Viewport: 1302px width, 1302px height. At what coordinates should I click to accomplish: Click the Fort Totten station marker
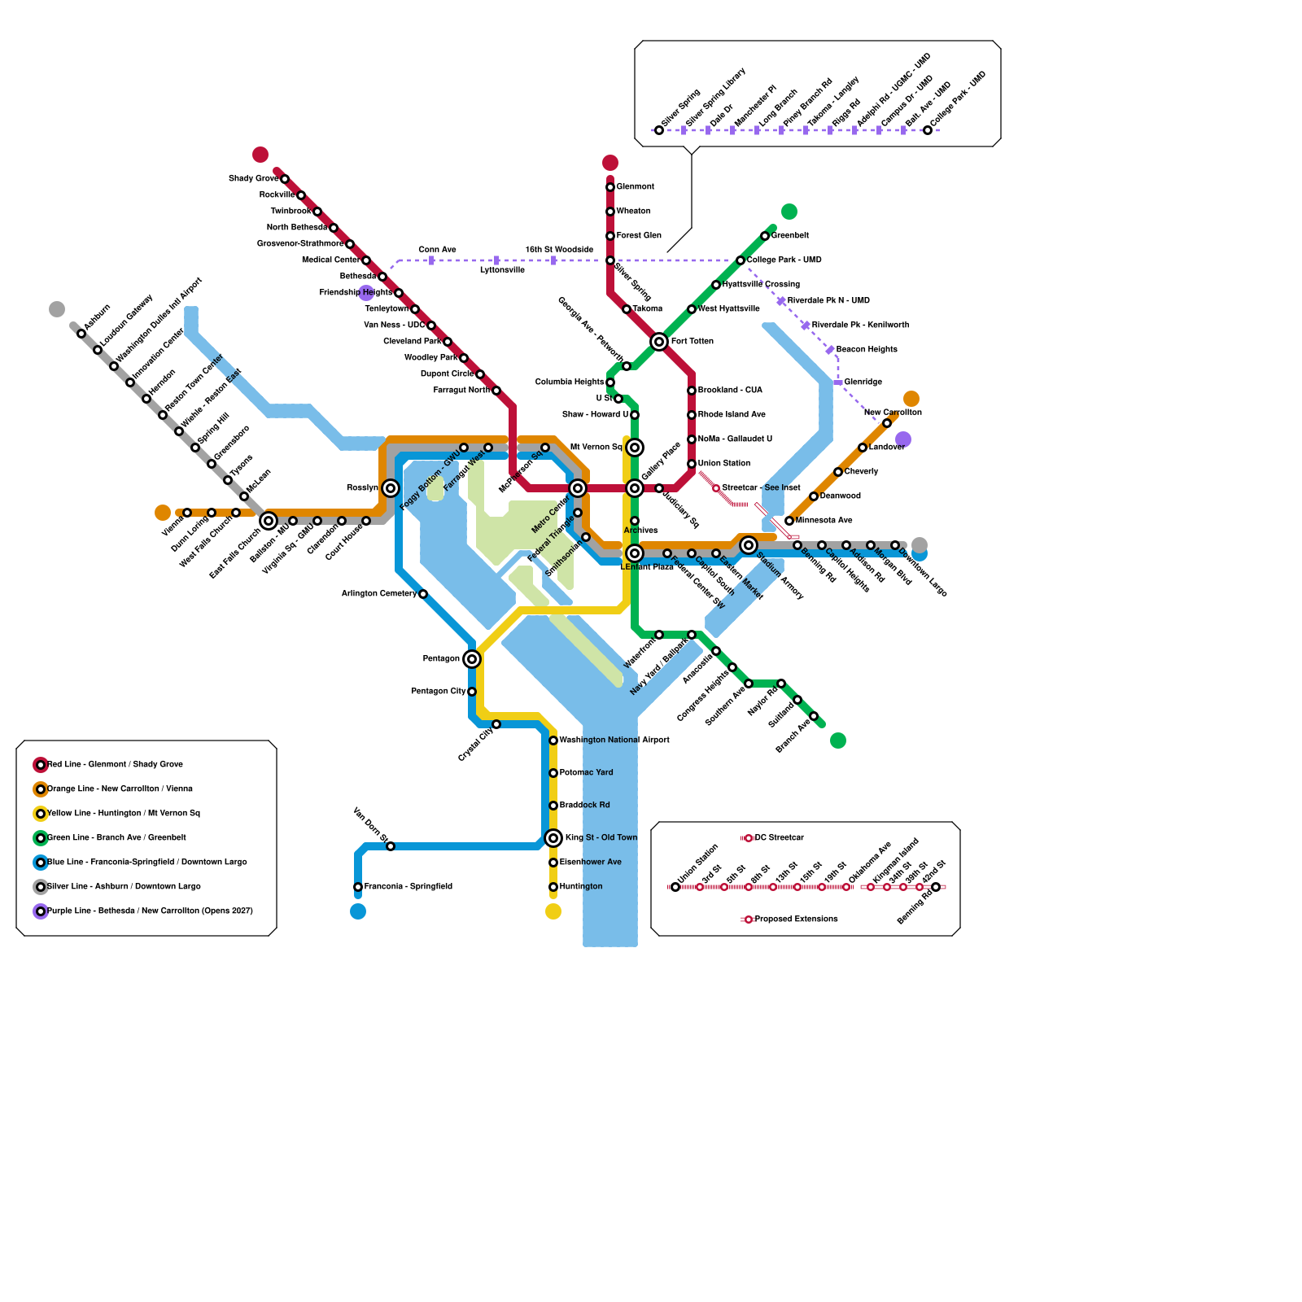[x=659, y=342]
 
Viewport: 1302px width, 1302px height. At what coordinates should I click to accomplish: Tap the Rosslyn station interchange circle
[x=391, y=488]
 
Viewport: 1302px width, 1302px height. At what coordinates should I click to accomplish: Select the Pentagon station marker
[x=472, y=659]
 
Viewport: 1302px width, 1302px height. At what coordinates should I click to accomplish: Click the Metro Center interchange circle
[x=578, y=488]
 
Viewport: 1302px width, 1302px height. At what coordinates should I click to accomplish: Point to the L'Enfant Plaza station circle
[x=635, y=553]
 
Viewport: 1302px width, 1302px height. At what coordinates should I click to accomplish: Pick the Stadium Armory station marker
[x=749, y=545]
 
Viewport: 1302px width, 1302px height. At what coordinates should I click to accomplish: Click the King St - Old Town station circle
[x=553, y=838]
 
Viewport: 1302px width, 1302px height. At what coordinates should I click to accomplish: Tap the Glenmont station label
[x=635, y=187]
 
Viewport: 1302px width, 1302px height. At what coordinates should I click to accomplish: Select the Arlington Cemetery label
[x=378, y=594]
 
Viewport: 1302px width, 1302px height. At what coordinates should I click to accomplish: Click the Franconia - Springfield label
[x=408, y=887]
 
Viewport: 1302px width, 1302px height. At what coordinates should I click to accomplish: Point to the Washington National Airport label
[x=614, y=741]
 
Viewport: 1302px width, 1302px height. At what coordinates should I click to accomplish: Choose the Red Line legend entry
[x=115, y=765]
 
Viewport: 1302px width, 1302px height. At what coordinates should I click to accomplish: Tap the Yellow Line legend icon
[x=41, y=814]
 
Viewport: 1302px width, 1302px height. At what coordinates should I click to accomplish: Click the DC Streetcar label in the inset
[x=779, y=838]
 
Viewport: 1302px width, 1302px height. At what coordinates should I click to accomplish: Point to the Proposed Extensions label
[x=796, y=920]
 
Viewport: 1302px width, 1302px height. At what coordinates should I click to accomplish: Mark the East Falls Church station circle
[x=269, y=521]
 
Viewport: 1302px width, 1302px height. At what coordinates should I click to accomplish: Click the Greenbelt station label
[x=789, y=236]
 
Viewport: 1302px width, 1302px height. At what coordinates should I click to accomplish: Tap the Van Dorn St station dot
[x=391, y=846]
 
